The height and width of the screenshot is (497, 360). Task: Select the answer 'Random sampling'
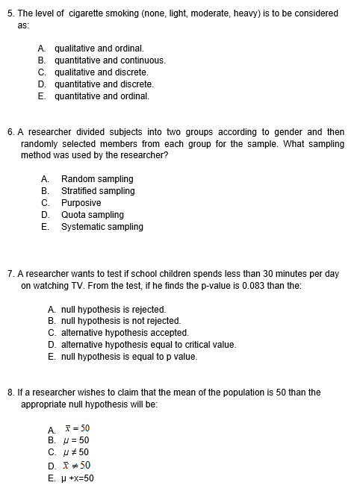point(97,179)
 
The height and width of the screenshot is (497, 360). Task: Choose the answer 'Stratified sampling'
point(98,191)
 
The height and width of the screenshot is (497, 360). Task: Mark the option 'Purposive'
point(81,203)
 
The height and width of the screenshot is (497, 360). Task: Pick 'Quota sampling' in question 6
point(93,215)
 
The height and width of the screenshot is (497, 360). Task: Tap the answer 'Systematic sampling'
point(102,227)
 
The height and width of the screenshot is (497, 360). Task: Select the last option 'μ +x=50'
point(78,478)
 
